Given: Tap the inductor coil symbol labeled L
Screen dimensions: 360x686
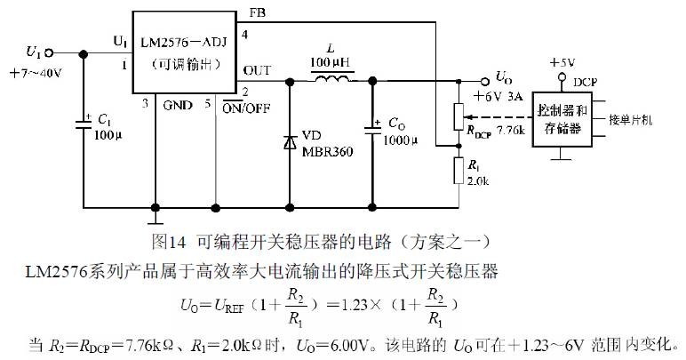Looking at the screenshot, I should point(332,82).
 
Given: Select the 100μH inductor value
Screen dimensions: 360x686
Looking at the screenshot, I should point(331,62).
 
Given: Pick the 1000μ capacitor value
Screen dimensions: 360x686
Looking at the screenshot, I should point(401,140).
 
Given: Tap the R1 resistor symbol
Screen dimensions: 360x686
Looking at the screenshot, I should point(458,169).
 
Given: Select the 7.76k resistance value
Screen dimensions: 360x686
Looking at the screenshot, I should point(510,131).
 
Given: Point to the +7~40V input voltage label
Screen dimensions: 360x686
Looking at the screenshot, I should point(35,73).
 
